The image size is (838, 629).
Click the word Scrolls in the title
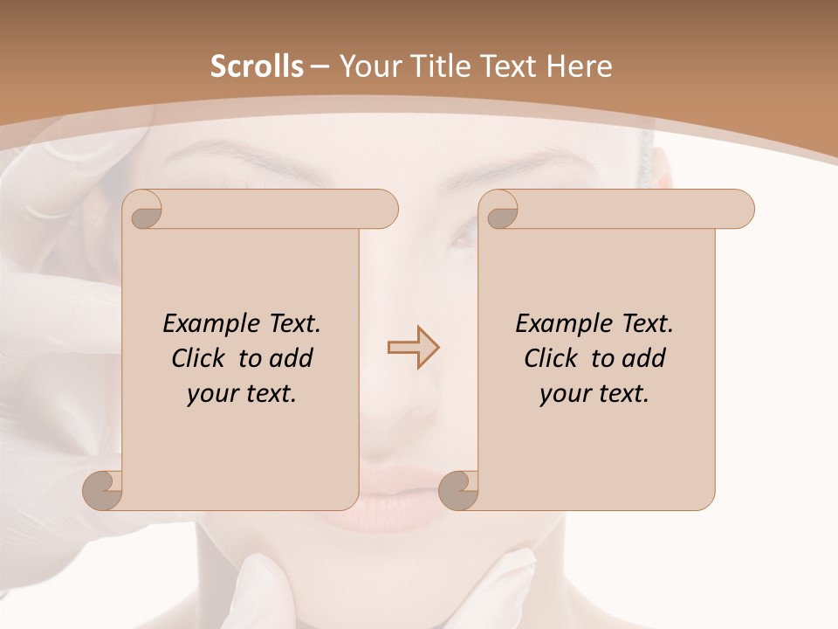[x=257, y=66]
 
